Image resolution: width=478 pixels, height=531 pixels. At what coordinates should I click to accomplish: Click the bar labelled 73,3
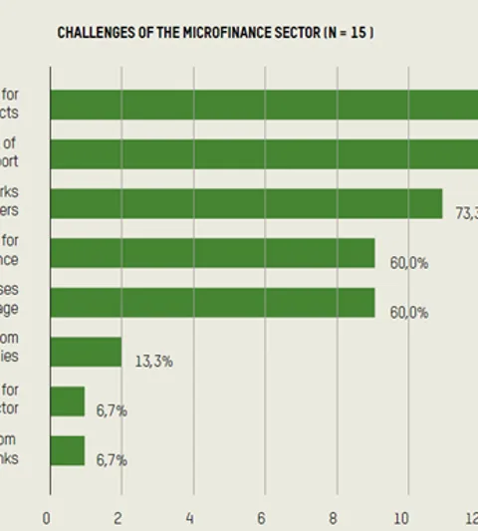point(246,203)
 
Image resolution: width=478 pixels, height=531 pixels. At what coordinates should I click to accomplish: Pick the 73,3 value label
point(465,212)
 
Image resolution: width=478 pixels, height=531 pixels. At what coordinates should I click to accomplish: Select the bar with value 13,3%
point(86,352)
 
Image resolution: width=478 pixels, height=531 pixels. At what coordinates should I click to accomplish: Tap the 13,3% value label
point(154,361)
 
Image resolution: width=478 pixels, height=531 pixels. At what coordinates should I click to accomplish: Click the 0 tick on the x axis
point(46,517)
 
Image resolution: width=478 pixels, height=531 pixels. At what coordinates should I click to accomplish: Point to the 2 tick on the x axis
point(119,517)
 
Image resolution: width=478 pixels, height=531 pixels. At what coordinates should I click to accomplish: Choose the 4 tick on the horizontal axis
point(190,517)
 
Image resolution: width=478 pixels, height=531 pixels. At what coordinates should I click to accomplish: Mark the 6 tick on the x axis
point(262,517)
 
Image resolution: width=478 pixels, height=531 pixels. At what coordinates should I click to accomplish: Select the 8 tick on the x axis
point(333,517)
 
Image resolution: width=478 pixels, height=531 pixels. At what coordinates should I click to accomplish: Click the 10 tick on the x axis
point(402,517)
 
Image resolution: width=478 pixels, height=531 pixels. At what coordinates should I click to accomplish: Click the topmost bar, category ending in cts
point(264,105)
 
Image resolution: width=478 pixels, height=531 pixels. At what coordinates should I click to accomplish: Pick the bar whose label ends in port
point(264,153)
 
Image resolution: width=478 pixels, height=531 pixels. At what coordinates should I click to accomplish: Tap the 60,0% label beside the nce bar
point(408,263)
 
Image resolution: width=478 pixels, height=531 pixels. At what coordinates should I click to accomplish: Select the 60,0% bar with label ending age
point(212,302)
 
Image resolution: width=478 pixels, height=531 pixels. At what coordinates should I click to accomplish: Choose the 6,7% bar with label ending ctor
point(68,400)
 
